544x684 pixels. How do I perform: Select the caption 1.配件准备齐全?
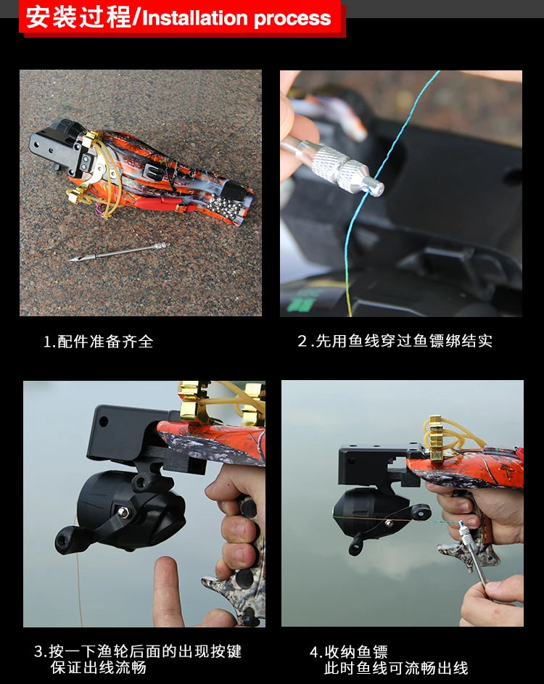[99, 342]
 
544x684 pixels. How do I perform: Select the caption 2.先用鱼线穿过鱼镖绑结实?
[395, 342]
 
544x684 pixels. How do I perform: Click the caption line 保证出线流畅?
[98, 667]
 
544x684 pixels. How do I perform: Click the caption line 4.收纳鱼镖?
[349, 651]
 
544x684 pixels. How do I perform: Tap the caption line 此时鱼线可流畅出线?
[396, 668]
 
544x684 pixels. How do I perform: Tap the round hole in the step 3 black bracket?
[102, 421]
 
